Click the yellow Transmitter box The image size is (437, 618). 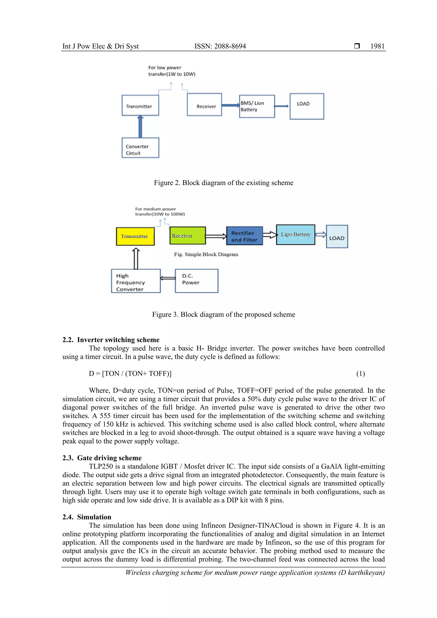[135, 236]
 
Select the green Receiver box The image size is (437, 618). [188, 236]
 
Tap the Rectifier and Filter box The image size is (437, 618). [244, 236]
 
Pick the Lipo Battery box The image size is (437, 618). [296, 235]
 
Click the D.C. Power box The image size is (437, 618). [197, 281]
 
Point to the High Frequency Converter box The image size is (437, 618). [136, 281]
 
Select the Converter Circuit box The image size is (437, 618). [140, 148]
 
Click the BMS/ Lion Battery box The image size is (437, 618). [257, 106]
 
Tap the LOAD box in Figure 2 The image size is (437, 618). [307, 106]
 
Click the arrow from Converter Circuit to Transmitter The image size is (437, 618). [140, 127]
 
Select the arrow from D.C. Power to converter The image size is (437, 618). [168, 278]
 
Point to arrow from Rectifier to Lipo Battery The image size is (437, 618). [270, 235]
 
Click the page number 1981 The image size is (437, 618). [377, 46]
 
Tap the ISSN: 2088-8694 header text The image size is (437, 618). [220, 46]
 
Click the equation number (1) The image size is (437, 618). [361, 374]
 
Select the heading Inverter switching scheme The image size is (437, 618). [118, 340]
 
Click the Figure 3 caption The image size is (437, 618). [223, 314]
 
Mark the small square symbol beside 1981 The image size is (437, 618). [357, 46]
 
